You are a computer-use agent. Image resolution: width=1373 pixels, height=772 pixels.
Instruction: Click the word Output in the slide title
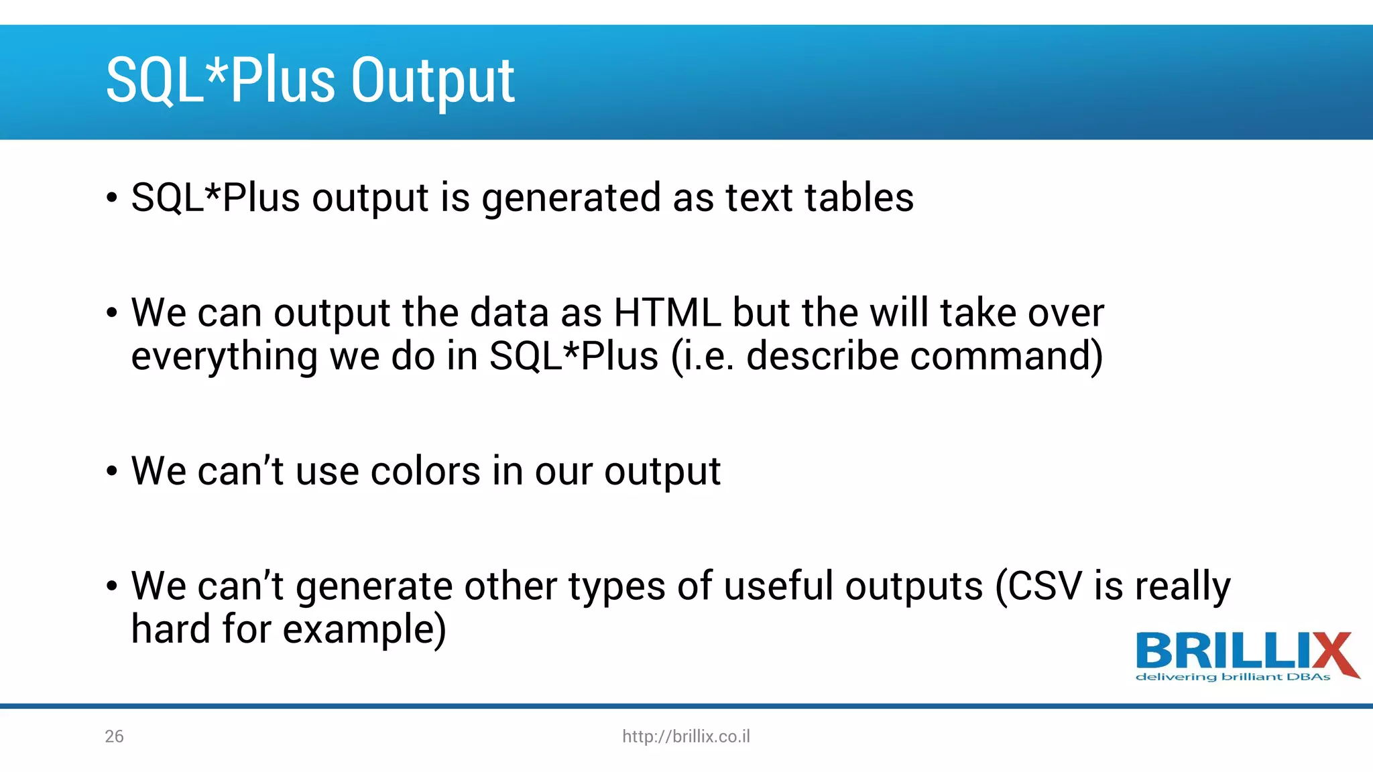tap(432, 82)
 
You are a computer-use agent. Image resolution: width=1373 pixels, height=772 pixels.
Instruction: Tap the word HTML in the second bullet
tap(666, 313)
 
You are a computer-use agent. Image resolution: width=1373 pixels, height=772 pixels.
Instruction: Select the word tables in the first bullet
tap(859, 198)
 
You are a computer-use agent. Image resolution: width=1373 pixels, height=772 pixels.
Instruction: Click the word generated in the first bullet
tap(571, 199)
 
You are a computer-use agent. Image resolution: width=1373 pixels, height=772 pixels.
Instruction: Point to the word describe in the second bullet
tap(822, 356)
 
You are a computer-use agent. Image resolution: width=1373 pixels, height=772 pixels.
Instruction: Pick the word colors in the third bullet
tap(425, 471)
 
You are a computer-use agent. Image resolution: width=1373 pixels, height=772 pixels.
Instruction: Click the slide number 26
tap(114, 736)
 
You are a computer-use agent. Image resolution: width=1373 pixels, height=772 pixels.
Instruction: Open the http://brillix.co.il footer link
tap(686, 736)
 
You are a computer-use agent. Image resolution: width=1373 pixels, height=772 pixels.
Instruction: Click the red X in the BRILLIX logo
tap(1335, 653)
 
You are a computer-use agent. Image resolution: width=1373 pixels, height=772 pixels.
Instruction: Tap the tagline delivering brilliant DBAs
tap(1232, 678)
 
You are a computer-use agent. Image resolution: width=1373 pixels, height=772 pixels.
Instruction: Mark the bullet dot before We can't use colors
tap(112, 472)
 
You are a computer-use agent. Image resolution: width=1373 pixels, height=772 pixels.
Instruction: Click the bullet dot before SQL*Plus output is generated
tap(112, 198)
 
